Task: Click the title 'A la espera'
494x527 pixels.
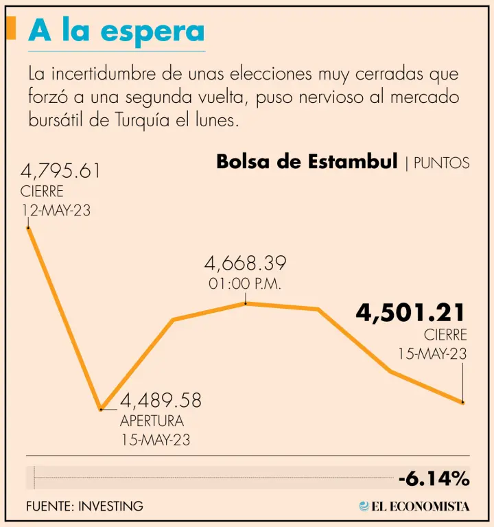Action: pyautogui.click(x=117, y=32)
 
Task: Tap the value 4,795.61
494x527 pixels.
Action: pyautogui.click(x=61, y=170)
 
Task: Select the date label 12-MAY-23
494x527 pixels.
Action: pyautogui.click(x=56, y=210)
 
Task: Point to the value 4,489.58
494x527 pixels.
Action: pyautogui.click(x=161, y=401)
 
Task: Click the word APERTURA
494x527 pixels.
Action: pyautogui.click(x=152, y=421)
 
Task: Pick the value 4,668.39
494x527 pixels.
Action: pyautogui.click(x=245, y=263)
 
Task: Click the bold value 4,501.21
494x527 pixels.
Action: pyautogui.click(x=410, y=314)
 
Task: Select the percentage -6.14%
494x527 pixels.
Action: pyautogui.click(x=434, y=478)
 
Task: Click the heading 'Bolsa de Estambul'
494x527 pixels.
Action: pyautogui.click(x=307, y=162)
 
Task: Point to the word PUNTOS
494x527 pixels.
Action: pyautogui.click(x=442, y=163)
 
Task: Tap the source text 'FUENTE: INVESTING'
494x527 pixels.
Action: pyautogui.click(x=84, y=506)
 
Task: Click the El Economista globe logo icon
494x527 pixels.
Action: pyautogui.click(x=364, y=506)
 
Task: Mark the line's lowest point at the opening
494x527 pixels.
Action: pyautogui.click(x=101, y=409)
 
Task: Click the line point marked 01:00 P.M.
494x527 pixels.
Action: pyautogui.click(x=246, y=303)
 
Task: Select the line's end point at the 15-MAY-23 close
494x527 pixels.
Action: pyautogui.click(x=463, y=402)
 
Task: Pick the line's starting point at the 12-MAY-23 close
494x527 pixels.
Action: pyautogui.click(x=27, y=227)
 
